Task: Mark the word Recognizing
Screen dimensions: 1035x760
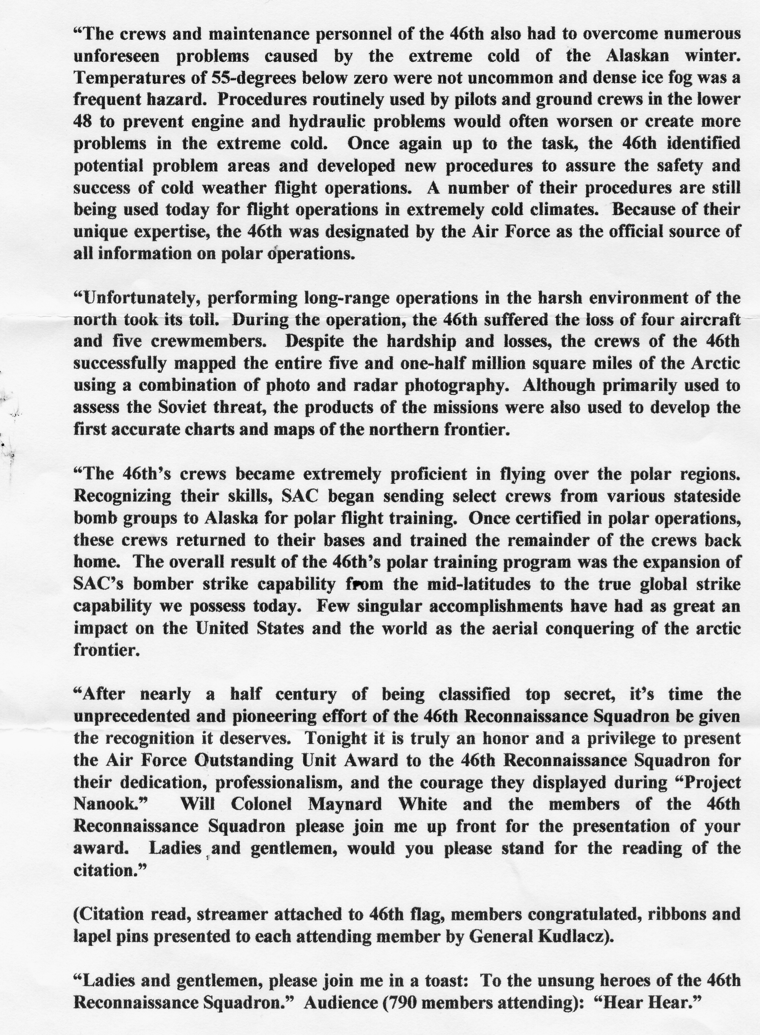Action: point(122,496)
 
